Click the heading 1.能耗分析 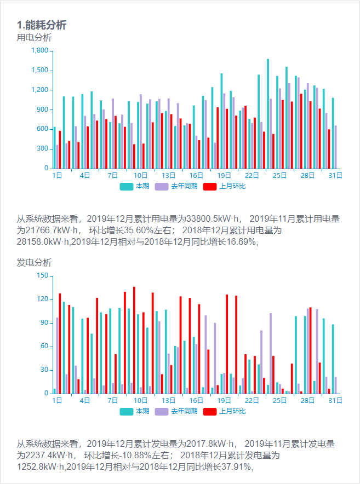click(x=42, y=25)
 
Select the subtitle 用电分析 click(x=35, y=38)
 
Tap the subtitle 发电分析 click(x=35, y=263)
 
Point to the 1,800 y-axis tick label click(x=40, y=50)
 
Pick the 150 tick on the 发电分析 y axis click(x=43, y=275)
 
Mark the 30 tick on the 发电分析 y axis click(x=45, y=370)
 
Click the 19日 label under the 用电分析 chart click(x=224, y=176)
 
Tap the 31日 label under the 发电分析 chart click(x=335, y=401)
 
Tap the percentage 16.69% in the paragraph click(x=238, y=241)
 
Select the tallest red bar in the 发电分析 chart click(x=134, y=340)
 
